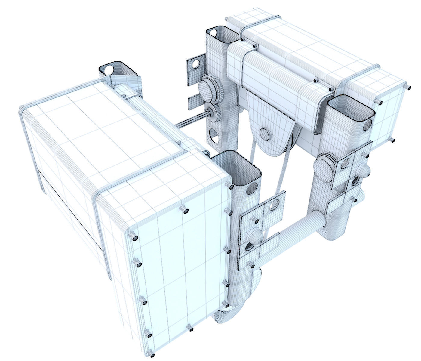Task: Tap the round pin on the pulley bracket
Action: pyautogui.click(x=265, y=134)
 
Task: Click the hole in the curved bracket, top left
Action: pyautogui.click(x=109, y=69)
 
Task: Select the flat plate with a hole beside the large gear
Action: pyautogui.click(x=194, y=65)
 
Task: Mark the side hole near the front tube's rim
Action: pyautogui.click(x=252, y=188)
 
